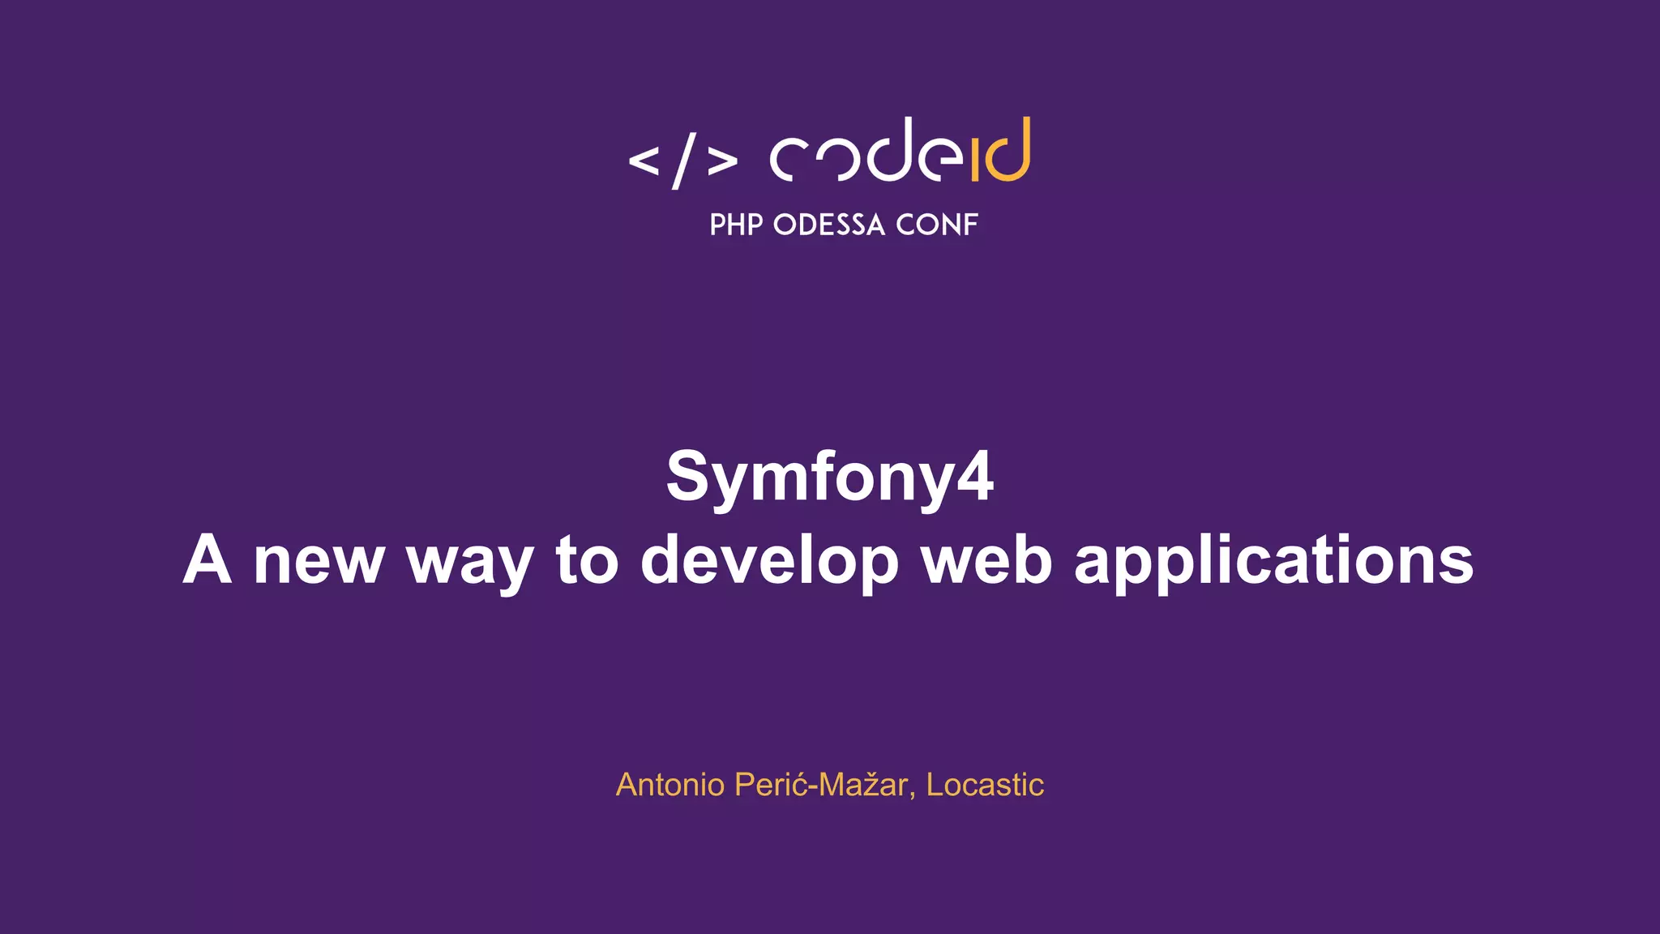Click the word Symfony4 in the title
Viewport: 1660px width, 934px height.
coord(829,477)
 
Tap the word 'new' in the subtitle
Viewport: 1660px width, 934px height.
coord(319,560)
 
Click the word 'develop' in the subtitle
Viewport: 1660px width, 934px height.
coord(769,560)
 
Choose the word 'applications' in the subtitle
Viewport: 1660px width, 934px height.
coord(1273,560)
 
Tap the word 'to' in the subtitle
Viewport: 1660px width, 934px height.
coord(587,560)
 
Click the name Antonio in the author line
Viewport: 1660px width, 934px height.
coord(670,785)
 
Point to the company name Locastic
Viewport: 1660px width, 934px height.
coord(985,785)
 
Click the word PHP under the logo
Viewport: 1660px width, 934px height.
coord(736,225)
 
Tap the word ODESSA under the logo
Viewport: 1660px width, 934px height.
coord(829,225)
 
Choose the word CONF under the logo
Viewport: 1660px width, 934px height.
coord(937,225)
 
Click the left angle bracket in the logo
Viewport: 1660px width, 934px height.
coord(644,161)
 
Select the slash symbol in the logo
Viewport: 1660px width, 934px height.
coord(684,161)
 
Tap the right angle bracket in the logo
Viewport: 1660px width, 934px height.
coord(722,161)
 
